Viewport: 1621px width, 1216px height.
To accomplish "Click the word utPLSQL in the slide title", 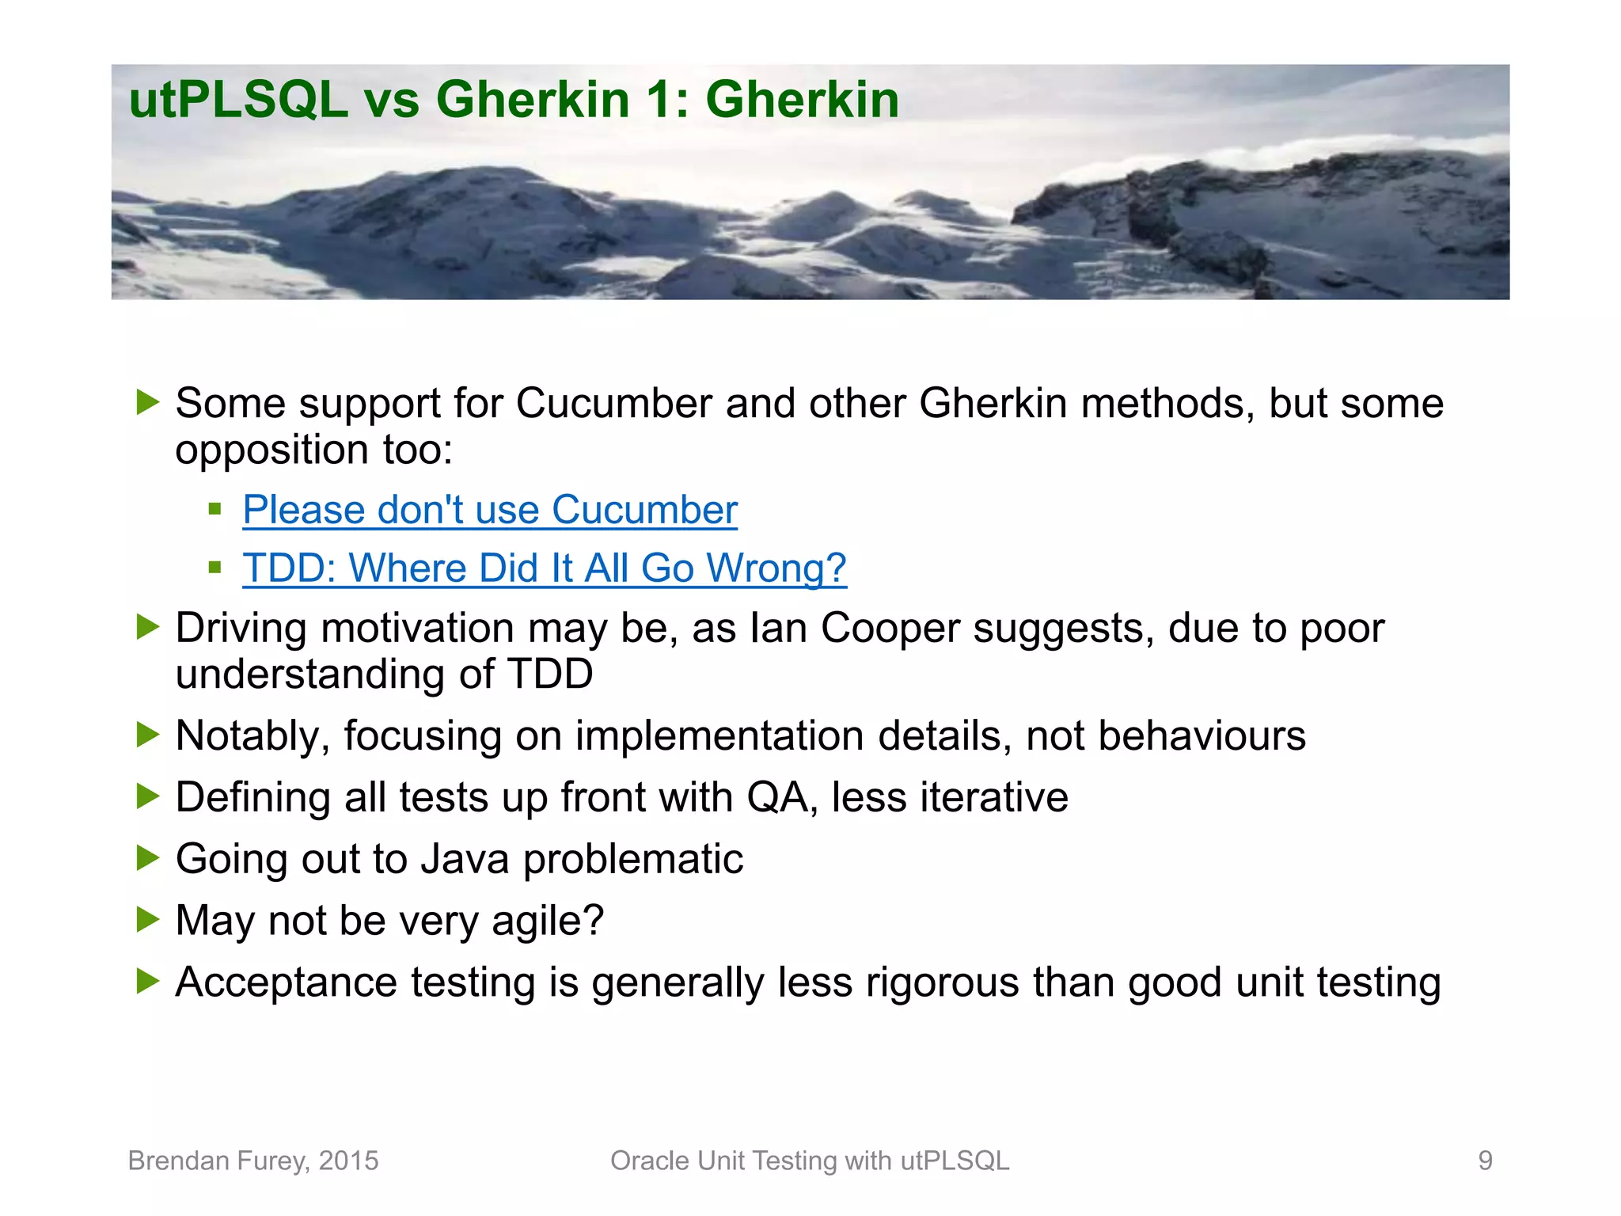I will [237, 101].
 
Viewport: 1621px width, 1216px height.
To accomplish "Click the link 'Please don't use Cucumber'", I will [490, 510].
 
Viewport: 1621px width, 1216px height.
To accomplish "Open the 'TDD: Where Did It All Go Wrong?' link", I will [545, 568].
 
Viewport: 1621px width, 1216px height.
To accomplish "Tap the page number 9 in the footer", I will [1485, 1161].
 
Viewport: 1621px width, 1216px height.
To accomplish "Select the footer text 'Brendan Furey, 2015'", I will [253, 1161].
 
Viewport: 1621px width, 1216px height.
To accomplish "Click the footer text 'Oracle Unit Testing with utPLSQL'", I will [810, 1161].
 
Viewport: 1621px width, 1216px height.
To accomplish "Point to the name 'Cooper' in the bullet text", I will [890, 629].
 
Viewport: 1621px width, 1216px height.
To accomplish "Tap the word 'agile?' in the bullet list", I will [548, 921].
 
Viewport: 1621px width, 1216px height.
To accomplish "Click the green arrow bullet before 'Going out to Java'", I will [147, 858].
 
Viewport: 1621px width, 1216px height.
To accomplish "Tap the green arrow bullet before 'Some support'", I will [147, 402].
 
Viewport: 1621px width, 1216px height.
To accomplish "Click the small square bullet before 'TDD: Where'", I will [214, 567].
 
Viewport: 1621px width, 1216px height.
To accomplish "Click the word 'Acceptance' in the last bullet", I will [286, 983].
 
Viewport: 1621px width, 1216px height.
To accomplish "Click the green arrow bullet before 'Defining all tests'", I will [147, 796].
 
